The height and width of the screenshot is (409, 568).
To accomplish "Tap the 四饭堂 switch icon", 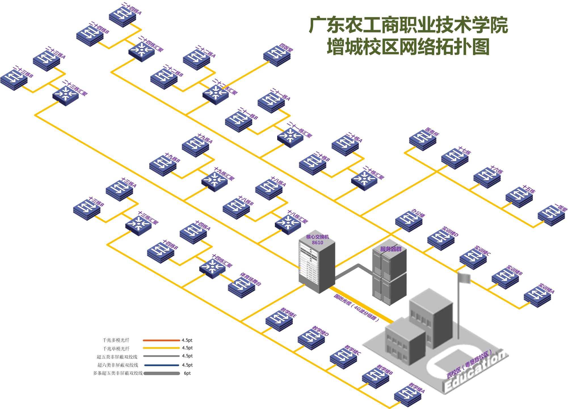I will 277,57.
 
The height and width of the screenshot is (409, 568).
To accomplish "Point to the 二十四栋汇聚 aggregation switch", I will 142,51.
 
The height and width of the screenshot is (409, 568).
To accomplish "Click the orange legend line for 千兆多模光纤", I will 161,340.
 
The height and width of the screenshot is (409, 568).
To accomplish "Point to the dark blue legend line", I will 161,365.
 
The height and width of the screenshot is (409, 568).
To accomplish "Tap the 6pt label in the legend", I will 187,373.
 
